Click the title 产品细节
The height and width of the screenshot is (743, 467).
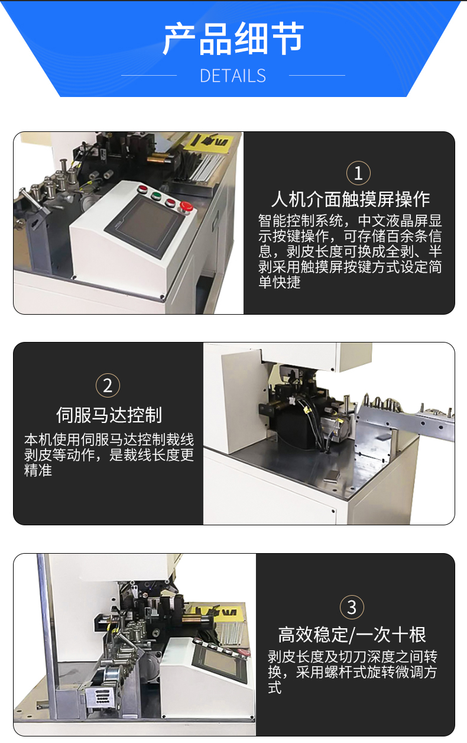pos(233,39)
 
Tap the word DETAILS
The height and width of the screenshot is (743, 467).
pos(233,76)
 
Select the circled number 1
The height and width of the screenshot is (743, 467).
pos(358,173)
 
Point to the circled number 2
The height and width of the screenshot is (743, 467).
pos(108,386)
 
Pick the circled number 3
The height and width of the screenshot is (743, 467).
pos(352,608)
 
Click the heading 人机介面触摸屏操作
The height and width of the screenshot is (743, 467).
pos(351,199)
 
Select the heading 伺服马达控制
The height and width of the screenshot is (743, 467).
pos(109,415)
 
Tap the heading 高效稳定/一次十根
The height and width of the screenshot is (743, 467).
pos(352,635)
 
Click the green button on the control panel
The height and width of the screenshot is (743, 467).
pos(156,195)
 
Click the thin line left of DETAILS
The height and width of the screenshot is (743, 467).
pos(149,76)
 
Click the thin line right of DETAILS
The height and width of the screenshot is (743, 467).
pos(317,76)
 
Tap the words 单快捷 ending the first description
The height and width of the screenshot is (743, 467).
pos(280,282)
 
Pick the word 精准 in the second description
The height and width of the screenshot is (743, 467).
pos(38,470)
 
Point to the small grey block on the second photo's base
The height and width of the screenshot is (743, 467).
pos(332,477)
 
